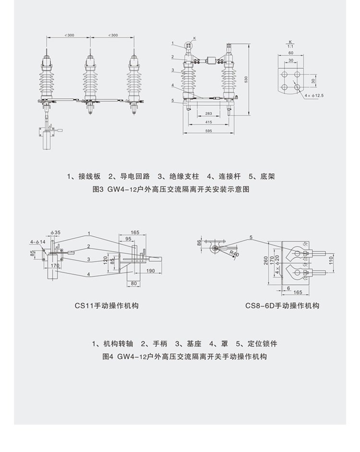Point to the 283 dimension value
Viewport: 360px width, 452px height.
[x=208, y=114]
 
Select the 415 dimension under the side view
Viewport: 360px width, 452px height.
[x=208, y=122]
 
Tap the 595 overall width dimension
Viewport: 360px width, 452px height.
[x=208, y=130]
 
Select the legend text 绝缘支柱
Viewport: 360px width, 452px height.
[x=181, y=176]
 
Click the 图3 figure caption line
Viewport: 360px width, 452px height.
[x=171, y=189]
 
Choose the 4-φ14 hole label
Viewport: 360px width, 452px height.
[x=37, y=242]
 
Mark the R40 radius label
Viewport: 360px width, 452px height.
[x=234, y=254]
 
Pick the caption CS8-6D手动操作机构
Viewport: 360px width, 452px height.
[x=282, y=305]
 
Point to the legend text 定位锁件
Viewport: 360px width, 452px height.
[x=264, y=344]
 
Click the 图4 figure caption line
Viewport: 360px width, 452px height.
[x=184, y=357]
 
